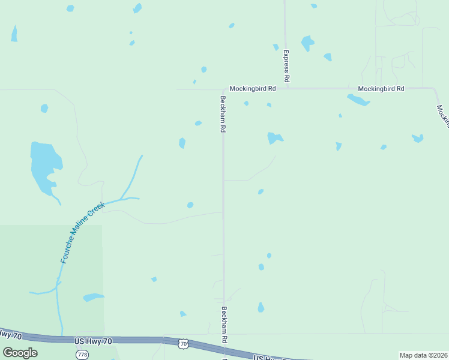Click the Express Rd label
tap(287, 66)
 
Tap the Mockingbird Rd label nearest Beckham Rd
tap(253, 88)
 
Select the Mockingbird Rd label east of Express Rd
tap(381, 88)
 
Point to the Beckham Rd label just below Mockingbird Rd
tap(223, 114)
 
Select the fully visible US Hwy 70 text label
tap(93, 341)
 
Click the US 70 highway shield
tap(183, 343)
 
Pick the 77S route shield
tap(82, 354)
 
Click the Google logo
tap(20, 352)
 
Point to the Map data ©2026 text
tap(423, 355)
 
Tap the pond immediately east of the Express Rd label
tap(307, 43)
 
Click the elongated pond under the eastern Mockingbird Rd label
tap(358, 100)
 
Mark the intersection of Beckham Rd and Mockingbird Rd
tap(223, 89)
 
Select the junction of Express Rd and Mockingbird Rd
tap(287, 88)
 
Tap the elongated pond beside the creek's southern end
tap(93, 297)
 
